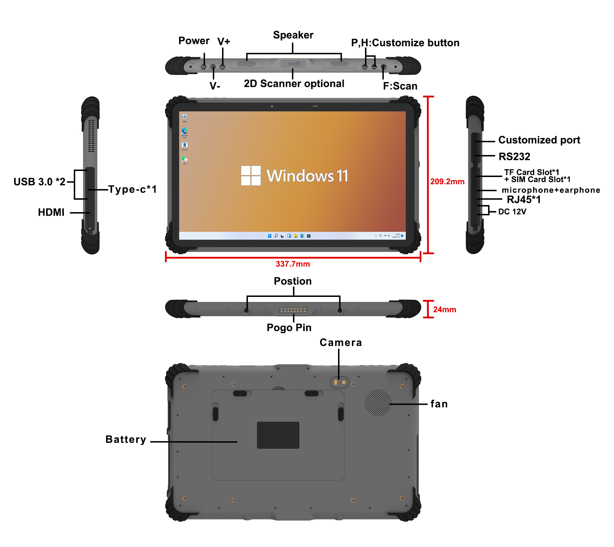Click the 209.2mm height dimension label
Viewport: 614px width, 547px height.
coord(447,182)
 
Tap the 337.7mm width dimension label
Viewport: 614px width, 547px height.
coord(293,264)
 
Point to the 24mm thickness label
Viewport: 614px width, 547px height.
coord(444,310)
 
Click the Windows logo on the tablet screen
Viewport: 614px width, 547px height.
coord(251,176)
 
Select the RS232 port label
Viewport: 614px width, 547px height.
coord(514,156)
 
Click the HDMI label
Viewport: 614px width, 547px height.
coord(51,212)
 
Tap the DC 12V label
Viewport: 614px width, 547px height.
coord(512,212)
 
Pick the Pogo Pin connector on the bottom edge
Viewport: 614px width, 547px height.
coord(293,310)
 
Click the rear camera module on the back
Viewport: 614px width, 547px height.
coord(339,382)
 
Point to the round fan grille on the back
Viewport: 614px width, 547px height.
coord(378,403)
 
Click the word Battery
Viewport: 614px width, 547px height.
coord(126,440)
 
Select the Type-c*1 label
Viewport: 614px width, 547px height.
coord(132,189)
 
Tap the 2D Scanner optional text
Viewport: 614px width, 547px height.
coord(294,84)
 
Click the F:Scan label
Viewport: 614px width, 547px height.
coord(400,86)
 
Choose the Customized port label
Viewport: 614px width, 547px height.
coord(539,140)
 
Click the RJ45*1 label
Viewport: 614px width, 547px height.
coord(524,200)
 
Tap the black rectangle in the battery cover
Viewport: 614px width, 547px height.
coord(278,435)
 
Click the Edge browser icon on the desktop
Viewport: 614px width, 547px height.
coord(184,131)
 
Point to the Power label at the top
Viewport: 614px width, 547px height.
coord(194,41)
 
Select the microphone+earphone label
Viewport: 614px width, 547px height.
coord(551,190)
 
